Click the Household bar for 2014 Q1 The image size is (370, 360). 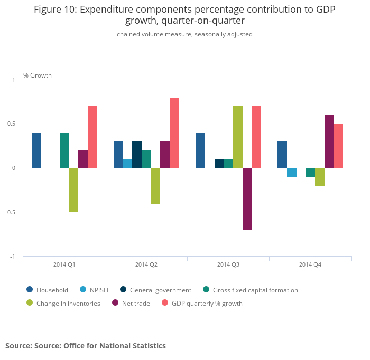pyautogui.click(x=36, y=150)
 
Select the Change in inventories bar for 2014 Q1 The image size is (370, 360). pyautogui.click(x=73, y=190)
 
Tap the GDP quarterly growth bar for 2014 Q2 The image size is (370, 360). pyautogui.click(x=174, y=133)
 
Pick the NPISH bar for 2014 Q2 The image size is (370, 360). pyautogui.click(x=127, y=164)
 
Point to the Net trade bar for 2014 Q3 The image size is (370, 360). pyautogui.click(x=247, y=199)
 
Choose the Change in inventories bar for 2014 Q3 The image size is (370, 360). pyautogui.click(x=238, y=137)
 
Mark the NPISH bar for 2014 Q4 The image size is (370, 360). pyautogui.click(x=292, y=173)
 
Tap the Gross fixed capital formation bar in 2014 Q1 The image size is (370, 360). pyautogui.click(x=64, y=150)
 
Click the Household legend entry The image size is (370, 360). pyautogui.click(x=52, y=290)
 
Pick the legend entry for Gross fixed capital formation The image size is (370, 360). pyautogui.click(x=255, y=290)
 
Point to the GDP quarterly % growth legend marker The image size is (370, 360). pyautogui.click(x=164, y=303)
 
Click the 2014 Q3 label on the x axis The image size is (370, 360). pyautogui.click(x=228, y=264)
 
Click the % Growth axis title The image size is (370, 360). pyautogui.click(x=38, y=75)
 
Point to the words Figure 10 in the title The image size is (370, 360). pyautogui.click(x=54, y=10)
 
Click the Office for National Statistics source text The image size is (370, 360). pyautogui.click(x=114, y=346)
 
